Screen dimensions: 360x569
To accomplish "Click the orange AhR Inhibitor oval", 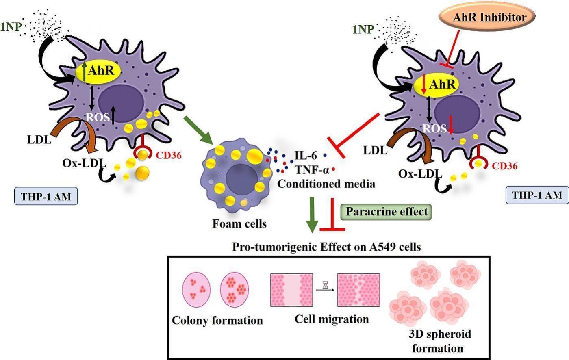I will tap(486, 17).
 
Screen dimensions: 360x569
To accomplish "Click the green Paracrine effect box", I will tap(387, 211).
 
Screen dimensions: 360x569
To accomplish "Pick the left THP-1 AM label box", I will tap(46, 197).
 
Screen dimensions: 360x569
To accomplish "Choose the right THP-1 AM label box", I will tap(537, 195).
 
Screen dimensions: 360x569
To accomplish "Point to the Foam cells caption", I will tap(239, 223).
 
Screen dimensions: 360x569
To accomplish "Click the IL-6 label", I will tap(306, 155).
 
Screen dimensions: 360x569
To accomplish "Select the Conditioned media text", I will tap(326, 184).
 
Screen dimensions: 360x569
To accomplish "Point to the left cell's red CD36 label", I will tap(168, 155).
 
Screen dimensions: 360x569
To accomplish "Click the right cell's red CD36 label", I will tap(504, 165).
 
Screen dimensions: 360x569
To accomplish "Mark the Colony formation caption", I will tap(217, 320).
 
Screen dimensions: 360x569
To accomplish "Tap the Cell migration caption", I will tap(332, 319).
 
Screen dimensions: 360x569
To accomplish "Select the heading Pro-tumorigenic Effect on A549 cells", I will tap(326, 247).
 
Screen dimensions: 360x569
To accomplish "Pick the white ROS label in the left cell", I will tap(98, 117).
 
